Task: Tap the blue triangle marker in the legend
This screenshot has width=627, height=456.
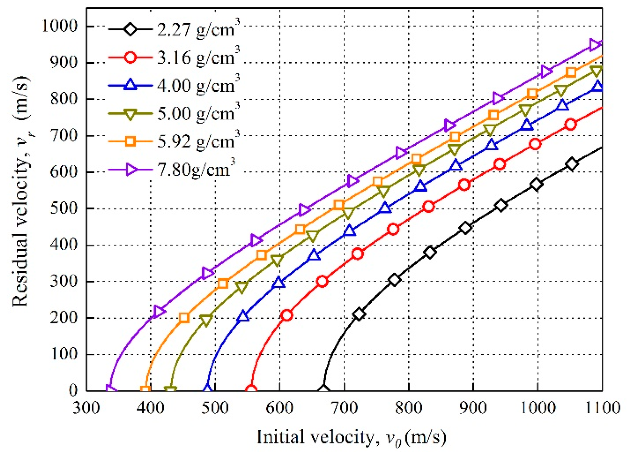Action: [130, 85]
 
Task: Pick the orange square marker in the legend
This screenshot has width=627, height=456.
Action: [130, 141]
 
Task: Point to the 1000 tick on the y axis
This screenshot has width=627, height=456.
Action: [60, 26]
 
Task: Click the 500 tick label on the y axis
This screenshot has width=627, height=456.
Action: [64, 208]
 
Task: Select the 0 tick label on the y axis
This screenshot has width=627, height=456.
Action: [73, 390]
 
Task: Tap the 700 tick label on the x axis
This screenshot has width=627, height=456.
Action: [344, 408]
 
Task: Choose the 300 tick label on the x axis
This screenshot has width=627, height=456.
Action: [86, 408]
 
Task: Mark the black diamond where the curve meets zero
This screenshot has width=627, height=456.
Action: [323, 389]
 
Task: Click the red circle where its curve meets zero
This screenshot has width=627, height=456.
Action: [251, 390]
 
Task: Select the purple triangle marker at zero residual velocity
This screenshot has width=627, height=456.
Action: [110, 389]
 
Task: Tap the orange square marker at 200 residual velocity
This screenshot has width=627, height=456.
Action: [184, 317]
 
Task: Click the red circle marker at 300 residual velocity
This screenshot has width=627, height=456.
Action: [322, 281]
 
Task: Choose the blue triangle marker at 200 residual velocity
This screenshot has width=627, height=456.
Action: [243, 316]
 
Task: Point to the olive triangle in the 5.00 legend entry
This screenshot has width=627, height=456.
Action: [130, 114]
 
